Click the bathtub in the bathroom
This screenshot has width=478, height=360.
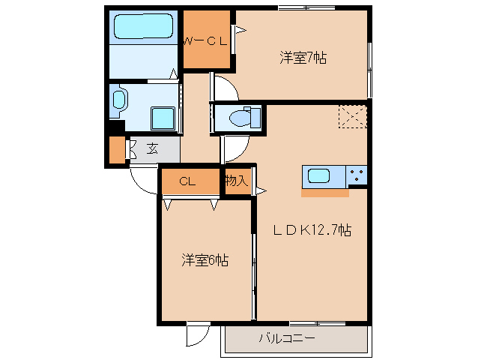click(143, 28)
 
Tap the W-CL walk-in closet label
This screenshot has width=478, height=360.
click(206, 41)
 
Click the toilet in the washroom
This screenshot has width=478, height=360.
click(120, 100)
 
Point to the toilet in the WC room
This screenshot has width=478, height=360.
click(244, 118)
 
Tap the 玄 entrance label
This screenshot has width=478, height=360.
click(152, 148)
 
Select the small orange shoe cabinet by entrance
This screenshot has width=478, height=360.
click(116, 151)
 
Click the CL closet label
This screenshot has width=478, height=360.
click(187, 181)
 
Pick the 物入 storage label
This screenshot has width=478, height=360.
click(238, 181)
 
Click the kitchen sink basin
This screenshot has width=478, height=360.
click(320, 177)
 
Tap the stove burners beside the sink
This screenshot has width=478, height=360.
click(357, 176)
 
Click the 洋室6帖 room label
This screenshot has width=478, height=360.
click(205, 260)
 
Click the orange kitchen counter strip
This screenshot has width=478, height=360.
click(325, 193)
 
